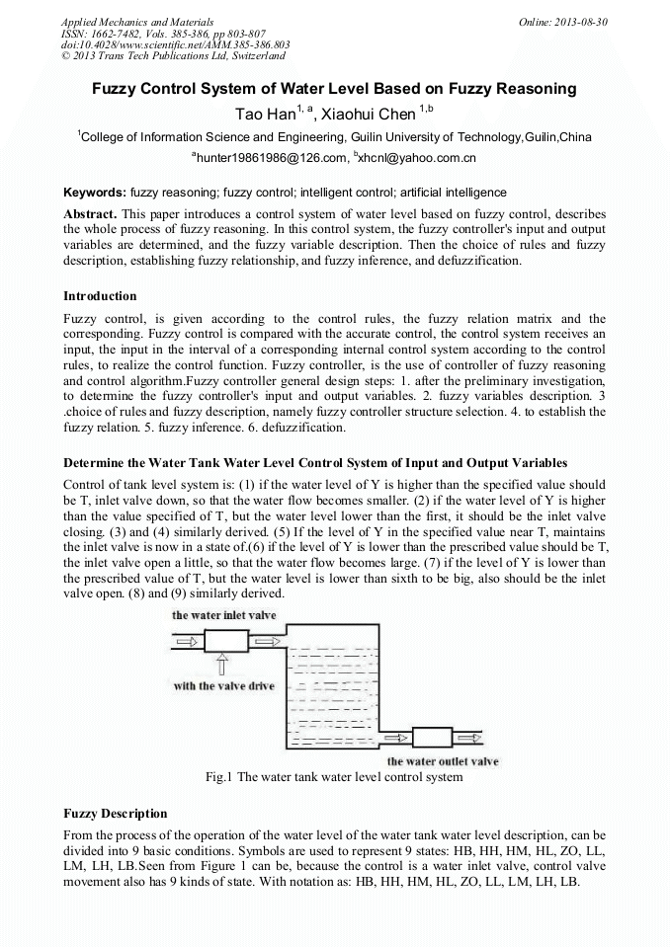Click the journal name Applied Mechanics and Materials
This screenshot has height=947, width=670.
136,21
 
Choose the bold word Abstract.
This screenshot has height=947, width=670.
91,214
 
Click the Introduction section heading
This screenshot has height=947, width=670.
100,295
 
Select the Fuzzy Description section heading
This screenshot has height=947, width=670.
115,814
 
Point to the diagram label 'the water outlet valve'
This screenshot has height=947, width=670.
443,761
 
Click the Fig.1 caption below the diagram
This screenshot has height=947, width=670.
334,777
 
